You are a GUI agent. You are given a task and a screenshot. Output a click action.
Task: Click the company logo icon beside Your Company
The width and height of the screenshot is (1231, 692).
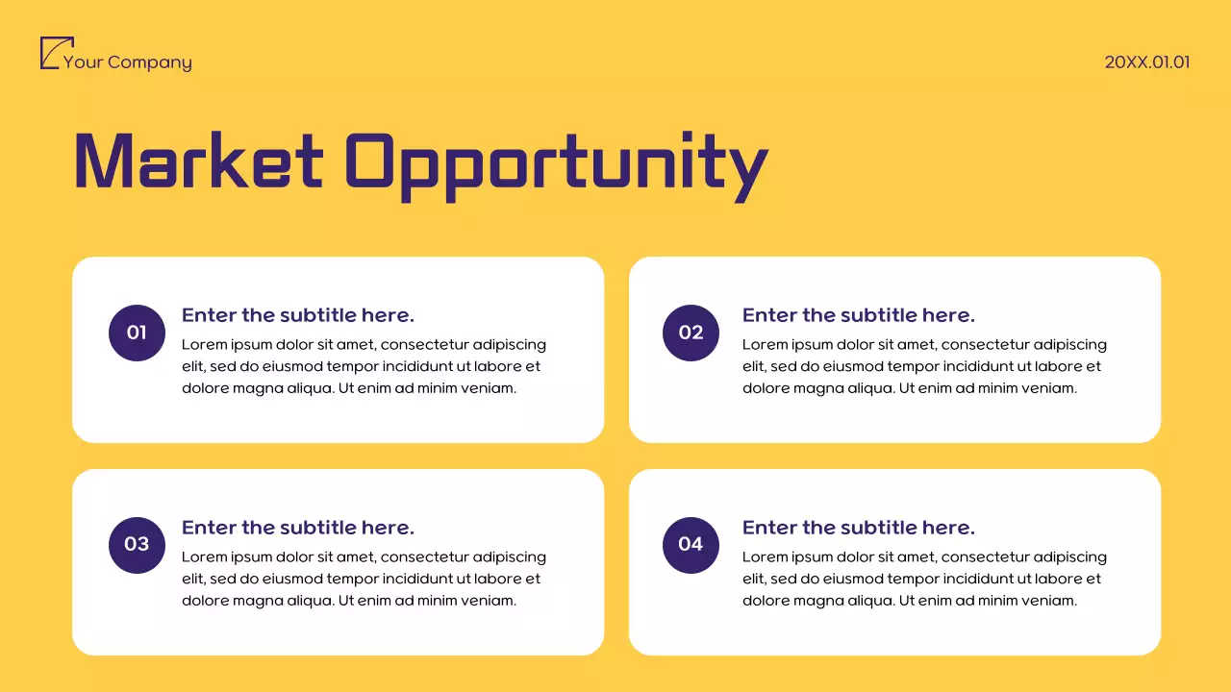click(x=56, y=53)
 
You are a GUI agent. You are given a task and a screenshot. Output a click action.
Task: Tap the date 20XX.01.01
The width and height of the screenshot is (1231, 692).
click(x=1147, y=62)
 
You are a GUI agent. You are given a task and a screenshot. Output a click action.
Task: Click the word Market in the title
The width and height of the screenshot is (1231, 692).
click(x=198, y=161)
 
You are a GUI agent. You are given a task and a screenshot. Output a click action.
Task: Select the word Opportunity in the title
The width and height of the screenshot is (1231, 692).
click(x=556, y=163)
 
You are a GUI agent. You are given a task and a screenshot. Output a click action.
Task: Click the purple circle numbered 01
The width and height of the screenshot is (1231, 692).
click(x=137, y=333)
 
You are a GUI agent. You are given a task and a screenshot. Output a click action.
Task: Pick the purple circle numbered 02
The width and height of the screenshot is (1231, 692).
click(x=691, y=333)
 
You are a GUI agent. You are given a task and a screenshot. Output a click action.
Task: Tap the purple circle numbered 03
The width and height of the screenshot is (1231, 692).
click(x=137, y=544)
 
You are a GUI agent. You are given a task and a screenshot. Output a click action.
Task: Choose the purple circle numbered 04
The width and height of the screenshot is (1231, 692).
click(x=691, y=544)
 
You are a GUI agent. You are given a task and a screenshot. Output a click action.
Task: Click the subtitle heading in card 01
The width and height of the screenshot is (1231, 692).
click(x=298, y=315)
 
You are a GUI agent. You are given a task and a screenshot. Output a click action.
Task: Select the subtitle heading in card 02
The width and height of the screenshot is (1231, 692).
click(x=859, y=315)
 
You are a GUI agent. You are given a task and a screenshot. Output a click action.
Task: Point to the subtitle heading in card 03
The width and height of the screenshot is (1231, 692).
click(x=298, y=528)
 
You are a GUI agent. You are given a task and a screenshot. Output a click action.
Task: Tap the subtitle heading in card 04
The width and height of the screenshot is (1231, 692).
click(x=859, y=528)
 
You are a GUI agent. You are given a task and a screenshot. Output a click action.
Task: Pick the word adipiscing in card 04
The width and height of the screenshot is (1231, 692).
click(x=1069, y=556)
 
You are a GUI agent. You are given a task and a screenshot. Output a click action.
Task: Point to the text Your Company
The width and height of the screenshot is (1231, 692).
click(x=127, y=62)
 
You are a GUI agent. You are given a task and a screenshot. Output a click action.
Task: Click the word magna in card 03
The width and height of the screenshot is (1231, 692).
click(x=260, y=601)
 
